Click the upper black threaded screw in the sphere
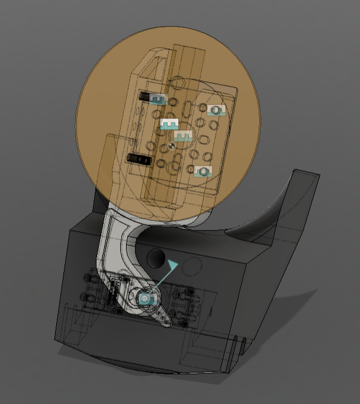click(144, 95)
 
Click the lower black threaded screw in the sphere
click(137, 158)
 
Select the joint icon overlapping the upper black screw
click(157, 99)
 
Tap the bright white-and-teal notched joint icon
click(169, 124)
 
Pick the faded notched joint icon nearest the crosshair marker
click(183, 136)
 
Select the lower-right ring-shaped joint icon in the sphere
click(203, 171)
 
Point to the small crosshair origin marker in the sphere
click(171, 145)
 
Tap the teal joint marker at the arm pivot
click(145, 299)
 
